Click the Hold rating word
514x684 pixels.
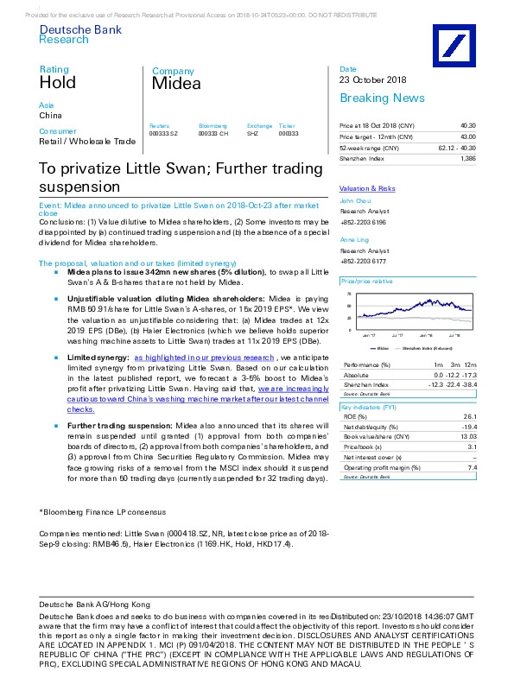click(x=57, y=83)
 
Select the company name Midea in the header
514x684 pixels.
click(x=176, y=84)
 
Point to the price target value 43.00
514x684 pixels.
click(x=467, y=137)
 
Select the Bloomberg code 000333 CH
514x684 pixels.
click(x=213, y=135)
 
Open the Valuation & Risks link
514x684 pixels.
click(x=367, y=188)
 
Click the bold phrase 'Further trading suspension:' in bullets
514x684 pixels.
click(x=120, y=426)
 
